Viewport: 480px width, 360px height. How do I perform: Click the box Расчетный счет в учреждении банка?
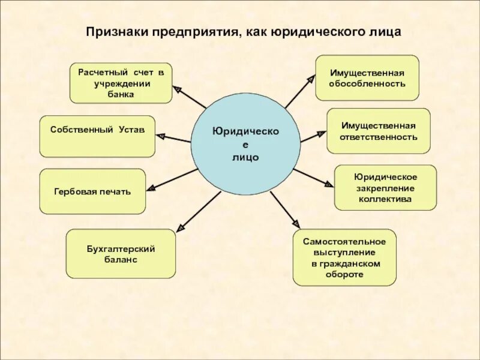pyautogui.click(x=121, y=83)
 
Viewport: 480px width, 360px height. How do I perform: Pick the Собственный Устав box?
pyautogui.click(x=97, y=136)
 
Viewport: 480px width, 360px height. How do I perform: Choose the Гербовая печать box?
pyautogui.click(x=92, y=191)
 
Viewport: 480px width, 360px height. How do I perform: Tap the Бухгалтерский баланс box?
pyautogui.click(x=121, y=253)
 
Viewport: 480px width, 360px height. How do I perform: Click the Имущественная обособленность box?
pyautogui.click(x=367, y=77)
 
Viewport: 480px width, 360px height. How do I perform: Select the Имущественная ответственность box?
pyautogui.click(x=378, y=131)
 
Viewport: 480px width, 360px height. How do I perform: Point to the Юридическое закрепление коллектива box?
pyautogui.click(x=385, y=187)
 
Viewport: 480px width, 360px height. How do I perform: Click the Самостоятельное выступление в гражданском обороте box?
pyautogui.click(x=344, y=257)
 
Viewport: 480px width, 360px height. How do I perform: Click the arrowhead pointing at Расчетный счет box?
pyautogui.click(x=177, y=89)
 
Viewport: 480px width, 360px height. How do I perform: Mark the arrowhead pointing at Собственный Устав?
pyautogui.click(x=161, y=136)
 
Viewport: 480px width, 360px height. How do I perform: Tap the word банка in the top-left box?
pyautogui.click(x=122, y=94)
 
